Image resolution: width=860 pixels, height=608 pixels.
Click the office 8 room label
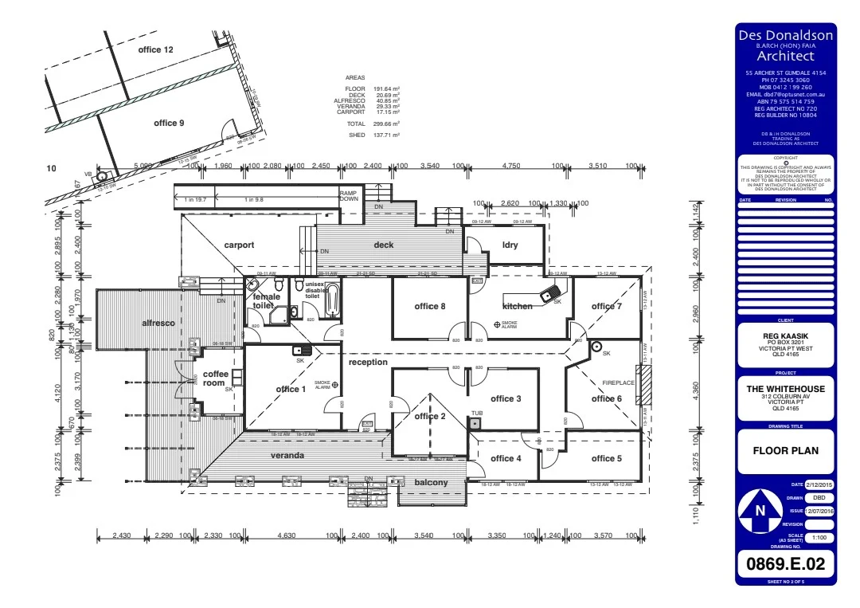(429, 306)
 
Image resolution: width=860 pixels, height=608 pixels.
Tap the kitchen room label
(518, 306)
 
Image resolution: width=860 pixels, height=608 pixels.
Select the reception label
(368, 363)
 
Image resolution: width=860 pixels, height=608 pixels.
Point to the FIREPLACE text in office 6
(618, 383)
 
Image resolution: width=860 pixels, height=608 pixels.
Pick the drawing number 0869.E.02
(785, 565)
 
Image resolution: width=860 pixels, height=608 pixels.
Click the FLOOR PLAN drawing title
(785, 450)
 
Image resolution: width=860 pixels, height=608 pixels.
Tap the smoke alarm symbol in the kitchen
(497, 324)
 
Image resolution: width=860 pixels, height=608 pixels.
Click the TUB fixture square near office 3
(475, 423)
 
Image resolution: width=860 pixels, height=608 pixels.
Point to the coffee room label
(215, 379)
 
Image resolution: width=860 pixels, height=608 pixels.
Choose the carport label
(239, 245)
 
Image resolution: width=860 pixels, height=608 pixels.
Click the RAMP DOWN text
(349, 196)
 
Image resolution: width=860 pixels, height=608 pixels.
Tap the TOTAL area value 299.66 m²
(386, 124)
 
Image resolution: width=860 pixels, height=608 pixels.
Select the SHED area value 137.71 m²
(386, 135)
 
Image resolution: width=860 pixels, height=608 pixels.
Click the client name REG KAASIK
(785, 336)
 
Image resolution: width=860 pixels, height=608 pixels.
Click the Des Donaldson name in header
(785, 35)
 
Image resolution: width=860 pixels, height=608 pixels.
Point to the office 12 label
(155, 50)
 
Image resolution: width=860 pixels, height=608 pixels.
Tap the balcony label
(431, 483)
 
